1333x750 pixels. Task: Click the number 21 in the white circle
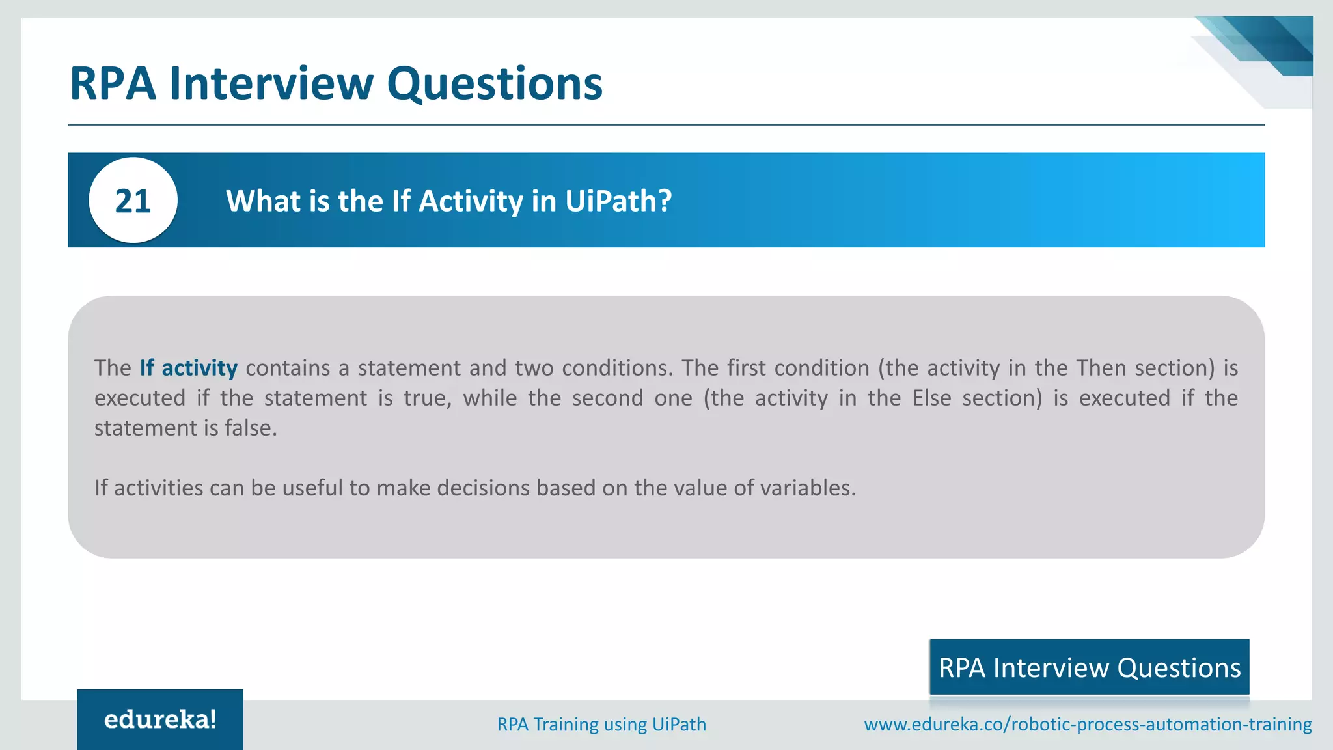pyautogui.click(x=133, y=201)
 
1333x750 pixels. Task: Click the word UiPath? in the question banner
pyautogui.click(x=618, y=201)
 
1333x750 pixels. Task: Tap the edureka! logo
pyautogui.click(x=160, y=719)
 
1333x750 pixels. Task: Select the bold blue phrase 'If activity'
pyautogui.click(x=188, y=368)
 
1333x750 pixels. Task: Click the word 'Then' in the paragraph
pyautogui.click(x=1101, y=368)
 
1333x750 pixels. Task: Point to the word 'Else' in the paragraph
pyautogui.click(x=931, y=398)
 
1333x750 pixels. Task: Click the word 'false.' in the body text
pyautogui.click(x=251, y=428)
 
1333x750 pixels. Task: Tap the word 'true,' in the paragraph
pyautogui.click(x=427, y=398)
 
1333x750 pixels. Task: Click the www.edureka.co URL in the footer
pyautogui.click(x=1088, y=724)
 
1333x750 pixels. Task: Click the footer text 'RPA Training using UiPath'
pyautogui.click(x=601, y=724)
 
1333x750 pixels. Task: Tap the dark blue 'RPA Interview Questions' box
pyautogui.click(x=1089, y=667)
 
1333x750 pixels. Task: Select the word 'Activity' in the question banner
pyautogui.click(x=471, y=201)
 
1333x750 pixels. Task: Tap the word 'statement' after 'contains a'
pyautogui.click(x=409, y=368)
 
